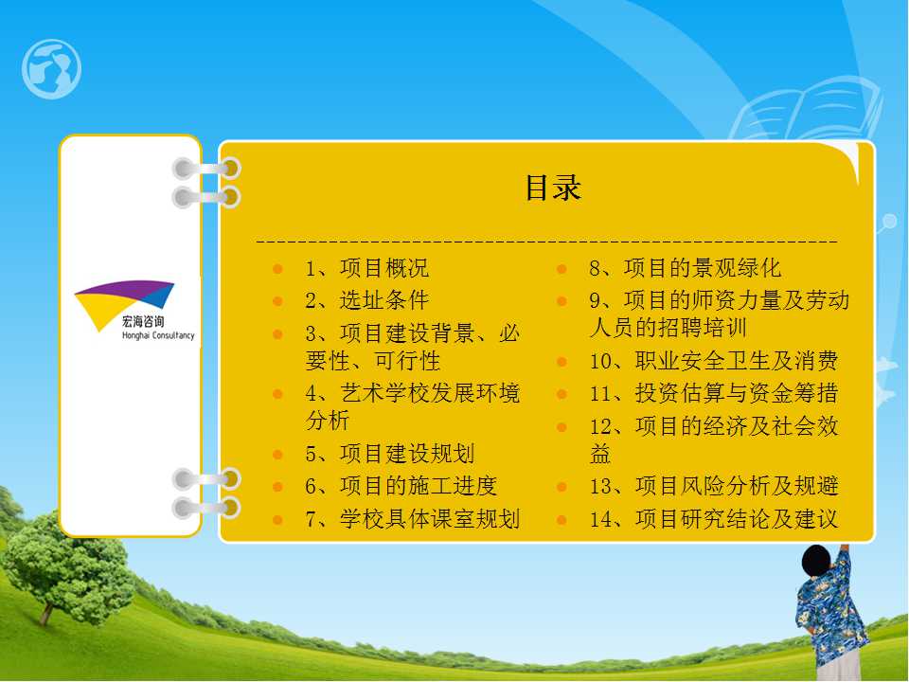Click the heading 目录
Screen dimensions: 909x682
coord(552,188)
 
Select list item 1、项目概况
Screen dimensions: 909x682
coord(367,268)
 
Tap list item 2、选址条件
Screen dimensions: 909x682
coord(367,300)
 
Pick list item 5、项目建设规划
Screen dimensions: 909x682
coord(389,454)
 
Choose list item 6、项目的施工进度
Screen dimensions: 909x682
coord(401,486)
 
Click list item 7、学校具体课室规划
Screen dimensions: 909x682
coord(412,518)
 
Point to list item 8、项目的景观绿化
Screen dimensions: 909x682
coord(686,268)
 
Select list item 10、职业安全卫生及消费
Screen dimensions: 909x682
coord(714,361)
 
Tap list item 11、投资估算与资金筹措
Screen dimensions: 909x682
coord(714,393)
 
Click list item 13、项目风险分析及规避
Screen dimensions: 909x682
coord(714,486)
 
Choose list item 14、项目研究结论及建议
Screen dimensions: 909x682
coord(714,518)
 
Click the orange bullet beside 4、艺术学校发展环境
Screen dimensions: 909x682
coord(277,394)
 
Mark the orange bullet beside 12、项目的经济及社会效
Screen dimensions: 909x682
coord(561,427)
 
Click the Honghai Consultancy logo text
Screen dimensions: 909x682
coord(158,335)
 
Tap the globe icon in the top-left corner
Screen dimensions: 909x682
coord(51,69)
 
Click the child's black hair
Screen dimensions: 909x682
coord(817,561)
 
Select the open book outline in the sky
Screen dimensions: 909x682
coord(806,110)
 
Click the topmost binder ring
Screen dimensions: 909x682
coord(207,169)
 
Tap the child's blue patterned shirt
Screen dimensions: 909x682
coord(830,609)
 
